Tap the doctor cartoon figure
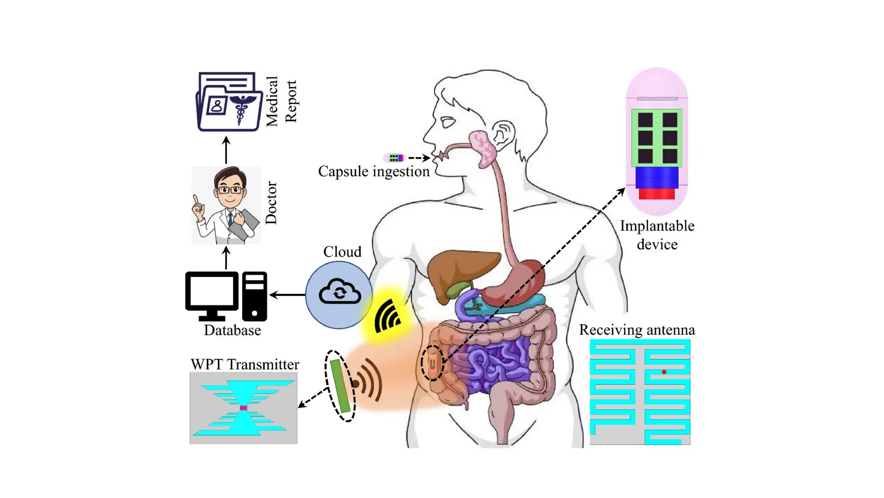coord(226,206)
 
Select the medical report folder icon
coord(229,102)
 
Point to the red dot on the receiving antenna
coord(664,372)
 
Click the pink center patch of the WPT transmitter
coord(243,408)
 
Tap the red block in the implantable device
coord(657,194)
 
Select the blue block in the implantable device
coord(657,177)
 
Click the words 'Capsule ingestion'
coord(374,172)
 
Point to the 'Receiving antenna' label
coord(637,330)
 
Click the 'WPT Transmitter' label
coord(245,364)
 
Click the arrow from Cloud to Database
coord(287,295)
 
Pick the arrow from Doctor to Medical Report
coord(226,150)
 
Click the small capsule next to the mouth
coord(394,158)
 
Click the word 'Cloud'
coord(342,252)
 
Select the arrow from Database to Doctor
coord(226,258)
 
